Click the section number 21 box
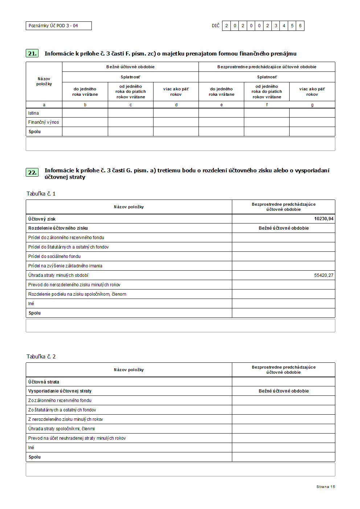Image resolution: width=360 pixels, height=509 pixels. click(32, 53)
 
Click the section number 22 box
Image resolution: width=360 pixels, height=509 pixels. click(32, 172)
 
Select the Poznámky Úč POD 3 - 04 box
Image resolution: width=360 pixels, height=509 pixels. click(58, 26)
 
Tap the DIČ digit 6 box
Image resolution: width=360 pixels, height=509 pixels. click(300, 26)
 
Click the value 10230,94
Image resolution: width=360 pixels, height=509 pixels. click(324, 219)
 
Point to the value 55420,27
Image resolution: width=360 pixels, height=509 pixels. click(324, 275)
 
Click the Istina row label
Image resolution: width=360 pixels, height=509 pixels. click(33, 113)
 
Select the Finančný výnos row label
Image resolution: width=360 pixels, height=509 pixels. click(44, 122)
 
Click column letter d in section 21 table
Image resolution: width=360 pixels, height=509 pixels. click(176, 105)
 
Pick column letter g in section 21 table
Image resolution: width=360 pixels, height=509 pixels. click(312, 105)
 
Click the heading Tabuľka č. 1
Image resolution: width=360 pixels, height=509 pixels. click(41, 194)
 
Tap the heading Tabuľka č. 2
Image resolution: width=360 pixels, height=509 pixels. click(41, 357)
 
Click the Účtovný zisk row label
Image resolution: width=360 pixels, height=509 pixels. click(42, 219)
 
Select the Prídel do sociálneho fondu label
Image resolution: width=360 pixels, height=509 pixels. click(54, 256)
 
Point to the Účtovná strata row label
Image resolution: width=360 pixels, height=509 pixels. click(44, 382)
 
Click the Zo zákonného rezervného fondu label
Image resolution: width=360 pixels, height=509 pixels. click(60, 401)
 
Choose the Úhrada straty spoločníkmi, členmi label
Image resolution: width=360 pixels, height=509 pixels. click(61, 429)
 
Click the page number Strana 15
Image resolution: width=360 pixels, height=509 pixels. click(326, 487)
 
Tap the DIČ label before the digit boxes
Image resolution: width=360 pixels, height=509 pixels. click(216, 26)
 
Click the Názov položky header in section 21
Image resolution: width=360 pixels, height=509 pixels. click(44, 81)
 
